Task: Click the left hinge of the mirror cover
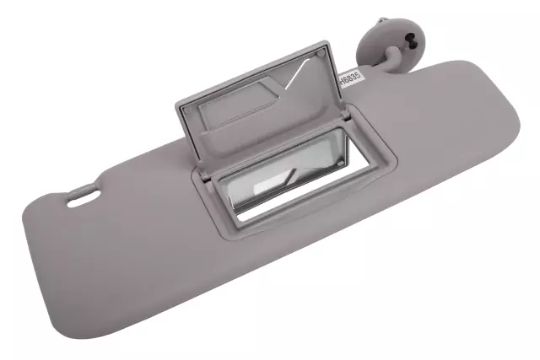click(203, 175)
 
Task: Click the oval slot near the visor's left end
click(82, 200)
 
